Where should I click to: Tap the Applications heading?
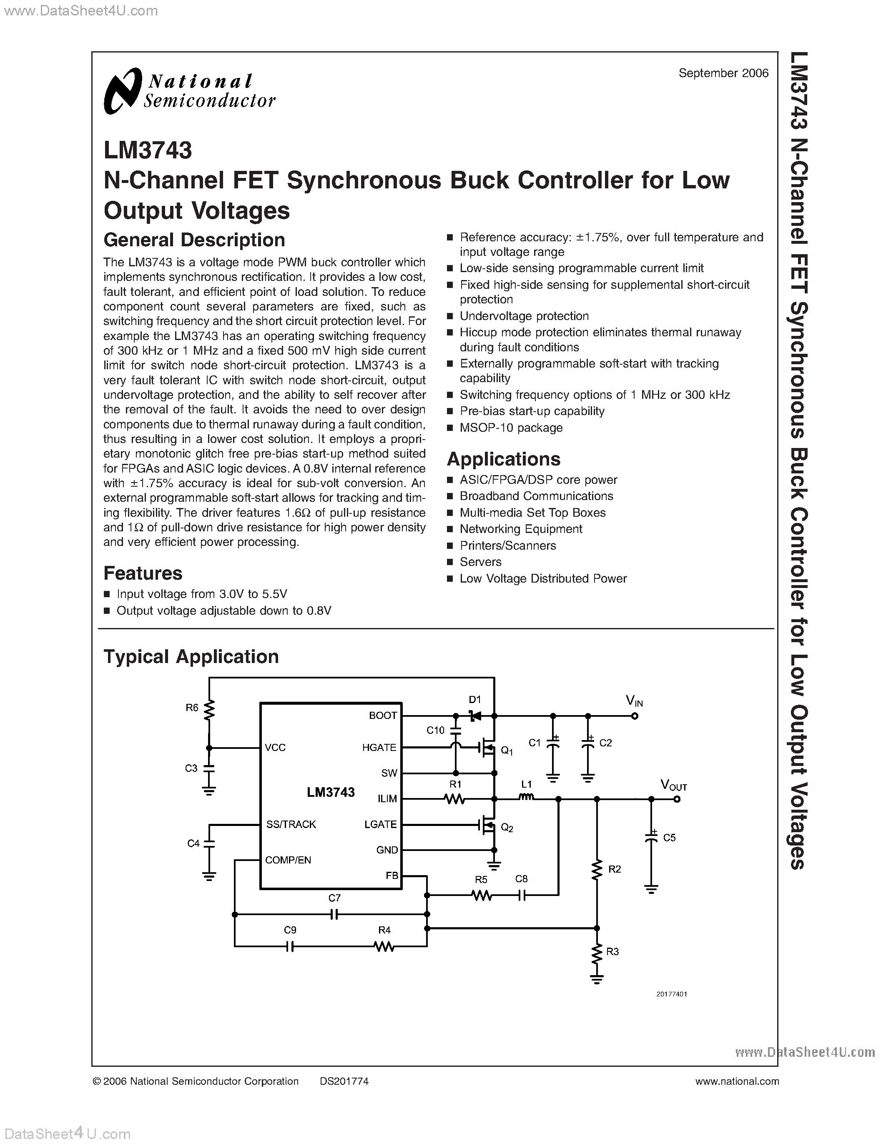click(503, 459)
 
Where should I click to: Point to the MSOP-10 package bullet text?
click(511, 428)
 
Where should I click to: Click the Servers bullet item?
click(480, 562)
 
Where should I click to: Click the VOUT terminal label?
click(673, 786)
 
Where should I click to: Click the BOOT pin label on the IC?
click(383, 715)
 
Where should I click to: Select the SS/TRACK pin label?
click(291, 824)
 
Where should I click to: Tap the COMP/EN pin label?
click(288, 860)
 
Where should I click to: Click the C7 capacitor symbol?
click(334, 915)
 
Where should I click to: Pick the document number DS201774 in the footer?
click(344, 1081)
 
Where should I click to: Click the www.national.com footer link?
click(736, 1081)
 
